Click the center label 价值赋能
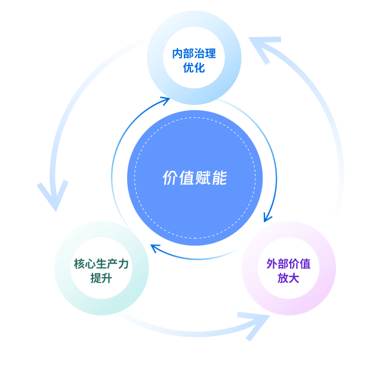point(195,178)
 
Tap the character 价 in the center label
point(170,178)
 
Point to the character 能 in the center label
point(219,178)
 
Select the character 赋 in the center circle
point(203,178)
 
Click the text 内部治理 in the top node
point(194,54)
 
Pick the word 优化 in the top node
point(194,67)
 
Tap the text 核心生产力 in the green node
point(101,263)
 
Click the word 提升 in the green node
point(101,278)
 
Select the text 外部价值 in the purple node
point(288,263)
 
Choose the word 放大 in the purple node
point(288,278)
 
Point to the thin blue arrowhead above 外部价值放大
point(268,216)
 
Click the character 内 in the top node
point(177,54)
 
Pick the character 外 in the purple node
point(272,263)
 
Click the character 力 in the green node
point(124,263)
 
